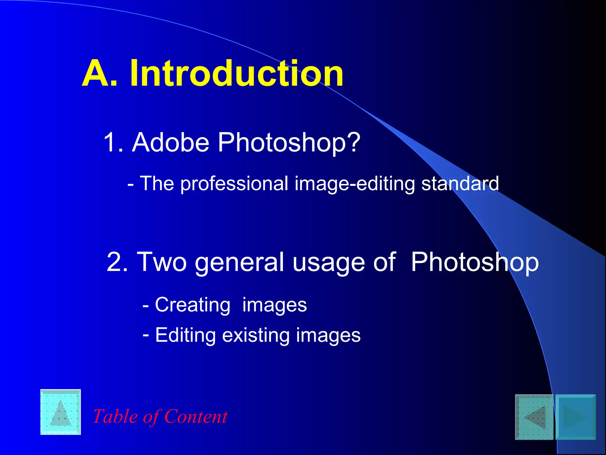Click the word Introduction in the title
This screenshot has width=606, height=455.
237,73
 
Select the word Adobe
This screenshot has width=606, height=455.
171,142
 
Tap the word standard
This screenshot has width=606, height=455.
460,184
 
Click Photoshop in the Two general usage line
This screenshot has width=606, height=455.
475,262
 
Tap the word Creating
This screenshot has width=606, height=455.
193,305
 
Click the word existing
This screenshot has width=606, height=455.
256,335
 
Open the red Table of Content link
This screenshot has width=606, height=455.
160,416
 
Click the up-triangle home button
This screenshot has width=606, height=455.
61,412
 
